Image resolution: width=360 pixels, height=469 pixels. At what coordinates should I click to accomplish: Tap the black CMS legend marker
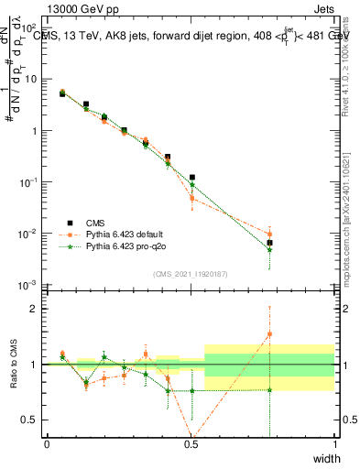(67, 222)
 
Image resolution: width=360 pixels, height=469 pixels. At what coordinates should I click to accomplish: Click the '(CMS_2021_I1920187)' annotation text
(191, 273)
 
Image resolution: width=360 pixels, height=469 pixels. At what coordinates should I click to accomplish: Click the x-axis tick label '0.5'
(191, 444)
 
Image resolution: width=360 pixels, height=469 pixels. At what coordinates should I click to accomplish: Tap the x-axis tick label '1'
(334, 444)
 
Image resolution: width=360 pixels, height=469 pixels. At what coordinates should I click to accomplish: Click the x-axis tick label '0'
(47, 444)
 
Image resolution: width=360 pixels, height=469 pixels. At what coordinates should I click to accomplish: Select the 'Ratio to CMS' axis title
(16, 364)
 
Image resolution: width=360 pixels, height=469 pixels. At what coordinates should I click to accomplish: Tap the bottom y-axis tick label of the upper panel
(29, 286)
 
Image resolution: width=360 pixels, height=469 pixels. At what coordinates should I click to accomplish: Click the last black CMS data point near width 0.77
(269, 243)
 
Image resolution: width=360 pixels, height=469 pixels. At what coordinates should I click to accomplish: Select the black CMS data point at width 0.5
(192, 178)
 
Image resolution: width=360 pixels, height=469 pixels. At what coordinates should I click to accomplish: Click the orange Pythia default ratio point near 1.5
(269, 334)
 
